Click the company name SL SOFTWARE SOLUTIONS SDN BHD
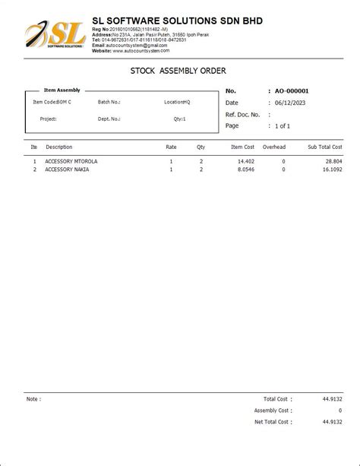[x=177, y=21]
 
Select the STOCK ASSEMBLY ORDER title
[x=179, y=70]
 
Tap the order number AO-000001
[x=292, y=91]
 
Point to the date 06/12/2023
[x=289, y=103]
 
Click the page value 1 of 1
[x=282, y=125]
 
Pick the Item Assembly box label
[x=62, y=90]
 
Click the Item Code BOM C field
[x=52, y=101]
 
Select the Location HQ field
[x=177, y=101]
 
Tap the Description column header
[x=59, y=147]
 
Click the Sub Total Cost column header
[x=325, y=147]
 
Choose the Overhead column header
[x=274, y=147]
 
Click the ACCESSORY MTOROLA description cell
[x=71, y=162]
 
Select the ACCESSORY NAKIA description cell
[x=67, y=170]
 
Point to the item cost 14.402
[x=245, y=162]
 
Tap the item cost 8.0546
[x=244, y=170]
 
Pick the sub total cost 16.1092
[x=332, y=170]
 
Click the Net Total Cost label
[x=271, y=421]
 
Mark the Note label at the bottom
[x=33, y=398]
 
